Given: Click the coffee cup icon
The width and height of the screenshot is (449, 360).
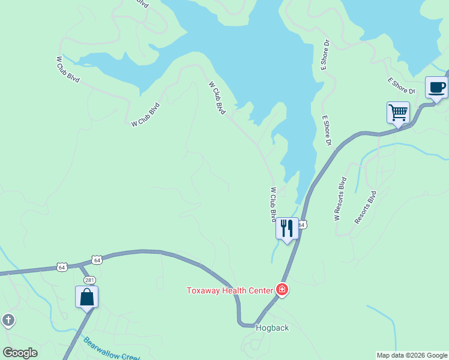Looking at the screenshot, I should (x=436, y=88).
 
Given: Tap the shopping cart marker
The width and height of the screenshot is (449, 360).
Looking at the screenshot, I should (x=397, y=112).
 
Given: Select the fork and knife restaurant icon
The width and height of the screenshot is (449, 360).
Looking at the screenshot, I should (x=287, y=228).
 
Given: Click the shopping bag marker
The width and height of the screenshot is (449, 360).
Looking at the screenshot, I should (x=86, y=297).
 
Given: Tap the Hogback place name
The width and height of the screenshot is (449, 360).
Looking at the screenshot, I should (x=273, y=328).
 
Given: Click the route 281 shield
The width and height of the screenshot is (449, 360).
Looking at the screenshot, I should (x=89, y=280).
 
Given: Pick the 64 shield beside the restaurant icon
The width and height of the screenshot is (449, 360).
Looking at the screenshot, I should (x=303, y=224).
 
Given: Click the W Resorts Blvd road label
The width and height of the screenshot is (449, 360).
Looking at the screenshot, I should (x=340, y=199).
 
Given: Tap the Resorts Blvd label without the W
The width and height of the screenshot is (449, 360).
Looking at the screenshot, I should (x=366, y=208).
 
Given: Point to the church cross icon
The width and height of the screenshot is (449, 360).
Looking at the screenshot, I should (x=8, y=320).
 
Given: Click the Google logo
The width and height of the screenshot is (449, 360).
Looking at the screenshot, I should (x=20, y=353).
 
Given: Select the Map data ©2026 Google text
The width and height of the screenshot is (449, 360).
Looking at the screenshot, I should (x=412, y=355).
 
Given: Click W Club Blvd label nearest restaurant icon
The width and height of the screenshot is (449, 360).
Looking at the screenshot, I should (x=273, y=204).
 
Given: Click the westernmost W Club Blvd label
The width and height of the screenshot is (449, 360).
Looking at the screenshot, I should (x=68, y=70).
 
